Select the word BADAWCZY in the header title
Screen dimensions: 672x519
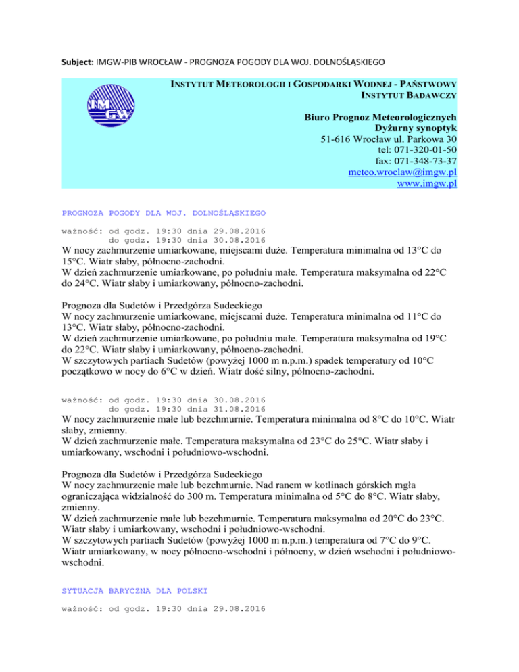[430, 96]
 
